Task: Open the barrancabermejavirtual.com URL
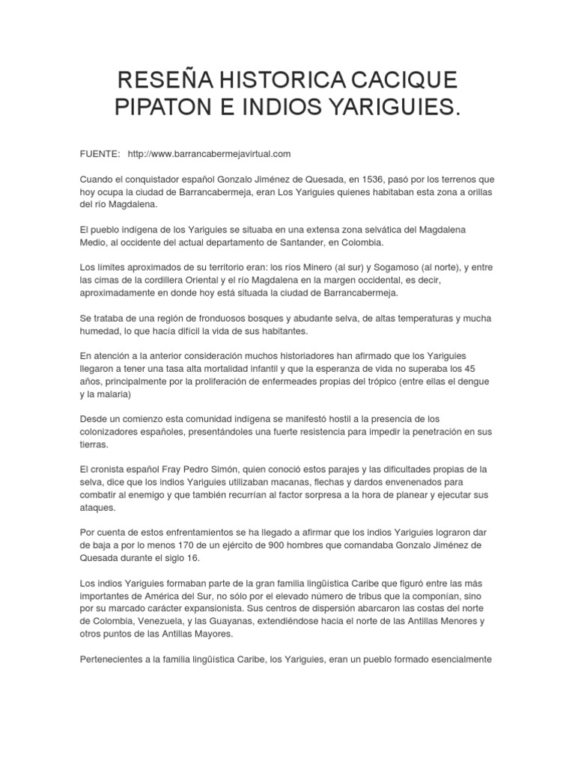click(x=209, y=153)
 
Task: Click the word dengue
click(x=470, y=382)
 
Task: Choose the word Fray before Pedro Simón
click(x=184, y=470)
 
